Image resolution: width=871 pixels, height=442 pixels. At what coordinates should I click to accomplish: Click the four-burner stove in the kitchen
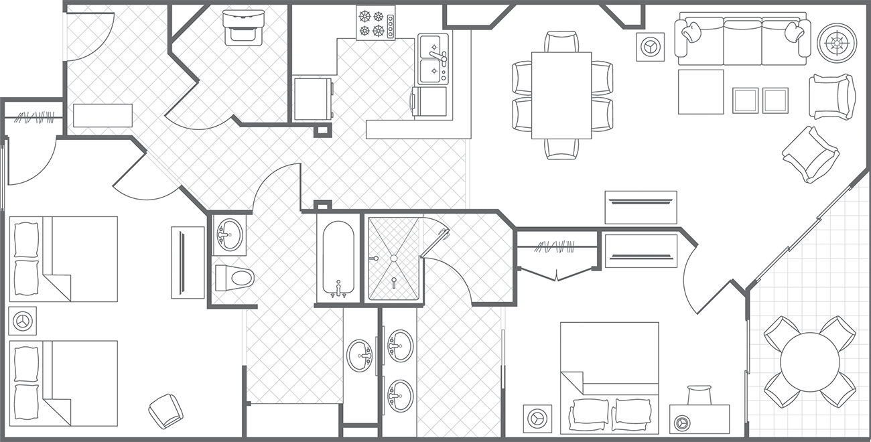pos(375,22)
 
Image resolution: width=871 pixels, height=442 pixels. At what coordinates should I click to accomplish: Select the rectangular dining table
pos(561,95)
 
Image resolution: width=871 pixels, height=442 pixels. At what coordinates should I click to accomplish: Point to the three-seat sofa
pos(742,42)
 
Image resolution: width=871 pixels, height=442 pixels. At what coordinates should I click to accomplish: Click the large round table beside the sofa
pos(837,42)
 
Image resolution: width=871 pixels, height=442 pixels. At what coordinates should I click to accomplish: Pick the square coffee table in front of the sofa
pos(701,92)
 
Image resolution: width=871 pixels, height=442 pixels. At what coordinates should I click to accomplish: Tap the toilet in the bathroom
pos(234,277)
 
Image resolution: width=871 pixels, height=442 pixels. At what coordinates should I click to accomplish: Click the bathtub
pos(338,258)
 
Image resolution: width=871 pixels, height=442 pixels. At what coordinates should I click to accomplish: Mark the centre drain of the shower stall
pos(394,257)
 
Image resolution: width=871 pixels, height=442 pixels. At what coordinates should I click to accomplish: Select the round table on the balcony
pos(809,362)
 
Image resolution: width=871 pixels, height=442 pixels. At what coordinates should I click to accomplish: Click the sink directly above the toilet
pos(229,234)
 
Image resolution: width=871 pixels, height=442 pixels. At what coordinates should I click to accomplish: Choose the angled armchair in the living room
pos(809,154)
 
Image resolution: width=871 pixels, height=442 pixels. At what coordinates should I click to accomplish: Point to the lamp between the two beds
pos(23,321)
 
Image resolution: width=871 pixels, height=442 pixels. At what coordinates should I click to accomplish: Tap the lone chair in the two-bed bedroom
pos(165,411)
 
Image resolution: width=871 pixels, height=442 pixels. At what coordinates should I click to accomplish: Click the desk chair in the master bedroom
pos(699,394)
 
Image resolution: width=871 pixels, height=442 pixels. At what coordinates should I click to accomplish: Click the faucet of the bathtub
pos(338,289)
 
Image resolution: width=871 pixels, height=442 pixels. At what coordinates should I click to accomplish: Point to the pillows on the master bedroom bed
pos(610,413)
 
